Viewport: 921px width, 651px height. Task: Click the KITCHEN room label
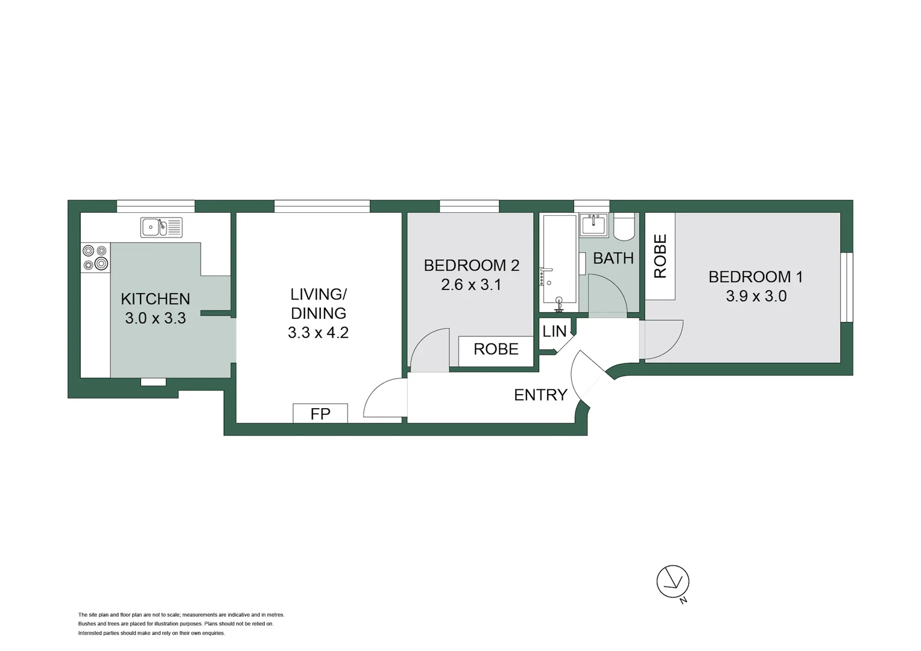pos(155,298)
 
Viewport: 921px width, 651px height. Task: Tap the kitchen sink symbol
pos(161,227)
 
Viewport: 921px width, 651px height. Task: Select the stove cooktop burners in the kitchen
pos(95,257)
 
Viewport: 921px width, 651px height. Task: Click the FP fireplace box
pos(320,414)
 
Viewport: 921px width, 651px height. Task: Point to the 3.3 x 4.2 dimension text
pos(318,332)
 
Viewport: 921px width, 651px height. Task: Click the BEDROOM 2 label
pos(471,265)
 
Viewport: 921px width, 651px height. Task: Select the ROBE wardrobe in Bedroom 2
pos(496,350)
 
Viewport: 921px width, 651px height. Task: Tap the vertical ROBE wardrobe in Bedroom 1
pos(660,256)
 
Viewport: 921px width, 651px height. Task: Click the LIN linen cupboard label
pos(554,331)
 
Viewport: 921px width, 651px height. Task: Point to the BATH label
pos(613,258)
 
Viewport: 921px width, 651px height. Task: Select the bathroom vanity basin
pos(593,225)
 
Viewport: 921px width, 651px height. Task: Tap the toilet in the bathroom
pos(624,227)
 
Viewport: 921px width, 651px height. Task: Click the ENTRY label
pos(540,395)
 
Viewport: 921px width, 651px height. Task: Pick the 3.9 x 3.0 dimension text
pos(756,296)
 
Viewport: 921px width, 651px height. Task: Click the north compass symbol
pos(673,582)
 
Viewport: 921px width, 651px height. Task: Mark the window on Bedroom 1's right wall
pos(847,287)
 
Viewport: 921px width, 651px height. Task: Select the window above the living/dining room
pos(321,206)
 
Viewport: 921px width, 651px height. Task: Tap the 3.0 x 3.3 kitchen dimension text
pos(155,318)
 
